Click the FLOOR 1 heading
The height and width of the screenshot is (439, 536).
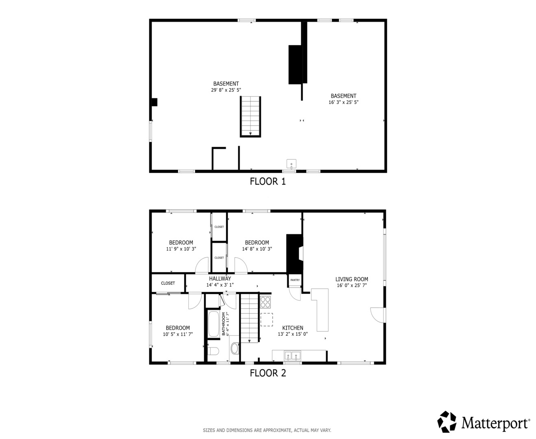[x=268, y=181]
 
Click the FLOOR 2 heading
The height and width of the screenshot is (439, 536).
[x=268, y=373]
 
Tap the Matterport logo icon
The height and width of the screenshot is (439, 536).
[x=447, y=422]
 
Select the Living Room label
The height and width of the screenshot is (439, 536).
[x=352, y=279]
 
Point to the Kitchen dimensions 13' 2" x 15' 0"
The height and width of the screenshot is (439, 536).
[x=292, y=334]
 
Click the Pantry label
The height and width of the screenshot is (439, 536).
[x=295, y=280]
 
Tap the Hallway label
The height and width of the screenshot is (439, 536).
[x=220, y=278]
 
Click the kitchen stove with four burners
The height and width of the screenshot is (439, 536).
[x=265, y=302]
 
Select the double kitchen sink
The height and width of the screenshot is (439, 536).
[x=292, y=356]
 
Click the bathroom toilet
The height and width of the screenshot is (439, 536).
[x=213, y=351]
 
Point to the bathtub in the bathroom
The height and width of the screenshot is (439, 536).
[x=214, y=324]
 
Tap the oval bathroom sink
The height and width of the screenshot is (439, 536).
[x=235, y=348]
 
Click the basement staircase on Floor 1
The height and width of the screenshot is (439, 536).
[x=251, y=117]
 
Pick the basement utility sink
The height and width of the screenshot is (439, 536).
[x=292, y=164]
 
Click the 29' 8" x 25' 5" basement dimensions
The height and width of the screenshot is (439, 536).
[x=226, y=90]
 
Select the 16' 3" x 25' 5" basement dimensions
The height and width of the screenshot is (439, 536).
[x=343, y=102]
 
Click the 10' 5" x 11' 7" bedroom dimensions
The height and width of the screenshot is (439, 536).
[x=178, y=334]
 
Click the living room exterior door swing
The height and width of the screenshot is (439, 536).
[x=378, y=315]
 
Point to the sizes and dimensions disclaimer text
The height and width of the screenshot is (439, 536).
[x=267, y=430]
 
